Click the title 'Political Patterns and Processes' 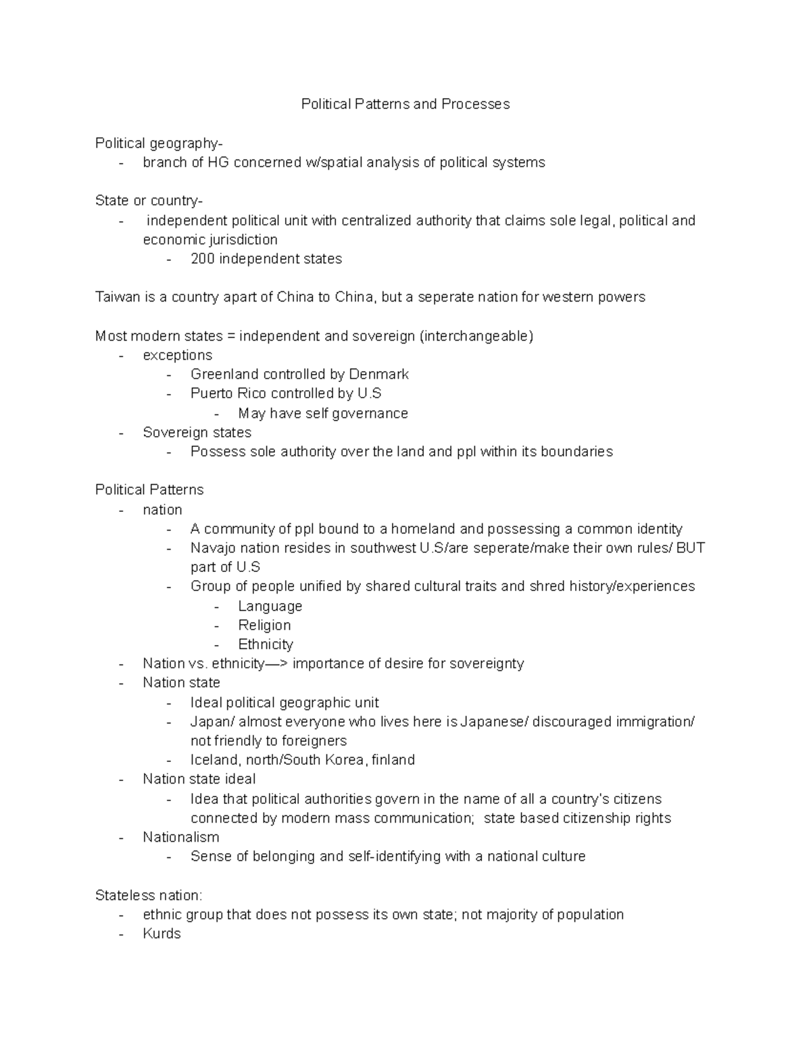coord(405,104)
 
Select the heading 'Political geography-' coord(158,143)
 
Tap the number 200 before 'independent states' coord(202,259)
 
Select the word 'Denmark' coord(378,375)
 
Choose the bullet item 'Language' coord(270,606)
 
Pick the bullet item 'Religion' coord(264,625)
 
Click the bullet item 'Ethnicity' coord(266,644)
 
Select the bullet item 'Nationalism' coord(180,837)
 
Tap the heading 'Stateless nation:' coord(148,896)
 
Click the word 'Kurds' coord(162,934)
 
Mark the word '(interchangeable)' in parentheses coord(476,336)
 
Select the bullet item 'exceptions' coord(177,356)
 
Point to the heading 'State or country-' coord(149,201)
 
